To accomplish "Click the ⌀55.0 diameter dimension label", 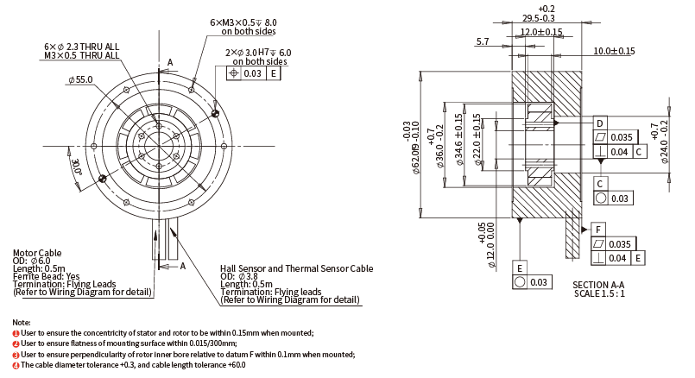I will click(x=80, y=79).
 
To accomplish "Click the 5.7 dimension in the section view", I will click(x=482, y=41).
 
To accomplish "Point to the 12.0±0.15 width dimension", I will click(x=540, y=32).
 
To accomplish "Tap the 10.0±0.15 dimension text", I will click(x=614, y=51).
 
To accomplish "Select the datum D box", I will click(x=600, y=122).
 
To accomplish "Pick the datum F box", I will click(x=597, y=229).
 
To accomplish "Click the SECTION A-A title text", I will click(x=598, y=284).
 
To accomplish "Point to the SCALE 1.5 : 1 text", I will click(x=598, y=293).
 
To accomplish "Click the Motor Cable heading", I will click(x=37, y=253).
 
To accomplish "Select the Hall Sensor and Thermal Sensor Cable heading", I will click(x=296, y=268).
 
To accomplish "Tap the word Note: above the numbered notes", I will click(x=22, y=321).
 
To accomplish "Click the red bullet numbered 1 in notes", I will click(x=16, y=332).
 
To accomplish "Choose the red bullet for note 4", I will click(x=16, y=365).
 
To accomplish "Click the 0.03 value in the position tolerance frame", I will click(x=252, y=74).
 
